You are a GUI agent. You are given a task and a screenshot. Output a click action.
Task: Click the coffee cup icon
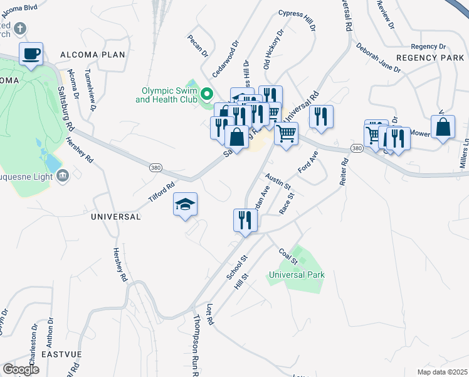(31, 54)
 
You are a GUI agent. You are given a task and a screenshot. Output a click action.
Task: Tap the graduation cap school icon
(186, 205)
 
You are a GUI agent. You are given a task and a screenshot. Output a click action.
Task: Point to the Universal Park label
(297, 275)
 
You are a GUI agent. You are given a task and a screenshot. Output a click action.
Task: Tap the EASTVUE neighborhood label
(61, 354)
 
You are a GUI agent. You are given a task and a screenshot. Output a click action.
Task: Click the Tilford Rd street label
(162, 187)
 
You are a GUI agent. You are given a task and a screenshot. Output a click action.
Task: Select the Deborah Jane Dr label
(378, 58)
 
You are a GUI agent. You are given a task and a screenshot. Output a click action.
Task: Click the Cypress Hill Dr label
(295, 26)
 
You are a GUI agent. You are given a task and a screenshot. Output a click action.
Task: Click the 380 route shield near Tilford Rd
(155, 168)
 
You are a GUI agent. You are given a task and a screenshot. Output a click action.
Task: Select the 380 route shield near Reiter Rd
(357, 148)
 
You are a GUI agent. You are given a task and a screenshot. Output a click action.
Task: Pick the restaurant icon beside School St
(245, 220)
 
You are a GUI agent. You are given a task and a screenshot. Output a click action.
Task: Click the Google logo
(21, 369)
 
